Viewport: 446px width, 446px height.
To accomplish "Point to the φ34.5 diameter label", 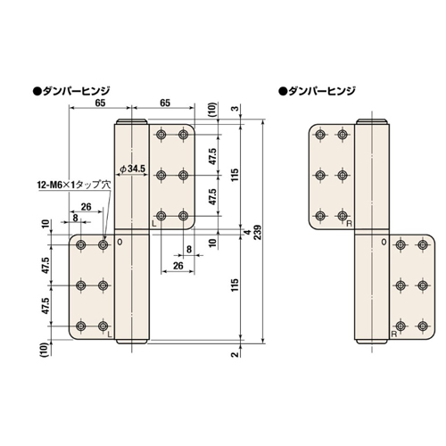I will tap(131, 168).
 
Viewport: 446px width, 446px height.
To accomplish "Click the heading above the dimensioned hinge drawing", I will tap(70, 91).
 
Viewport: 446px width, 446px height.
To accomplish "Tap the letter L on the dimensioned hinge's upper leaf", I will tap(153, 224).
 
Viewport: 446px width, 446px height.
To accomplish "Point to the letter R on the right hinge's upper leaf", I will tap(348, 224).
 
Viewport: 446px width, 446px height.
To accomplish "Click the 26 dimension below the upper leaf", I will tap(178, 267).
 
